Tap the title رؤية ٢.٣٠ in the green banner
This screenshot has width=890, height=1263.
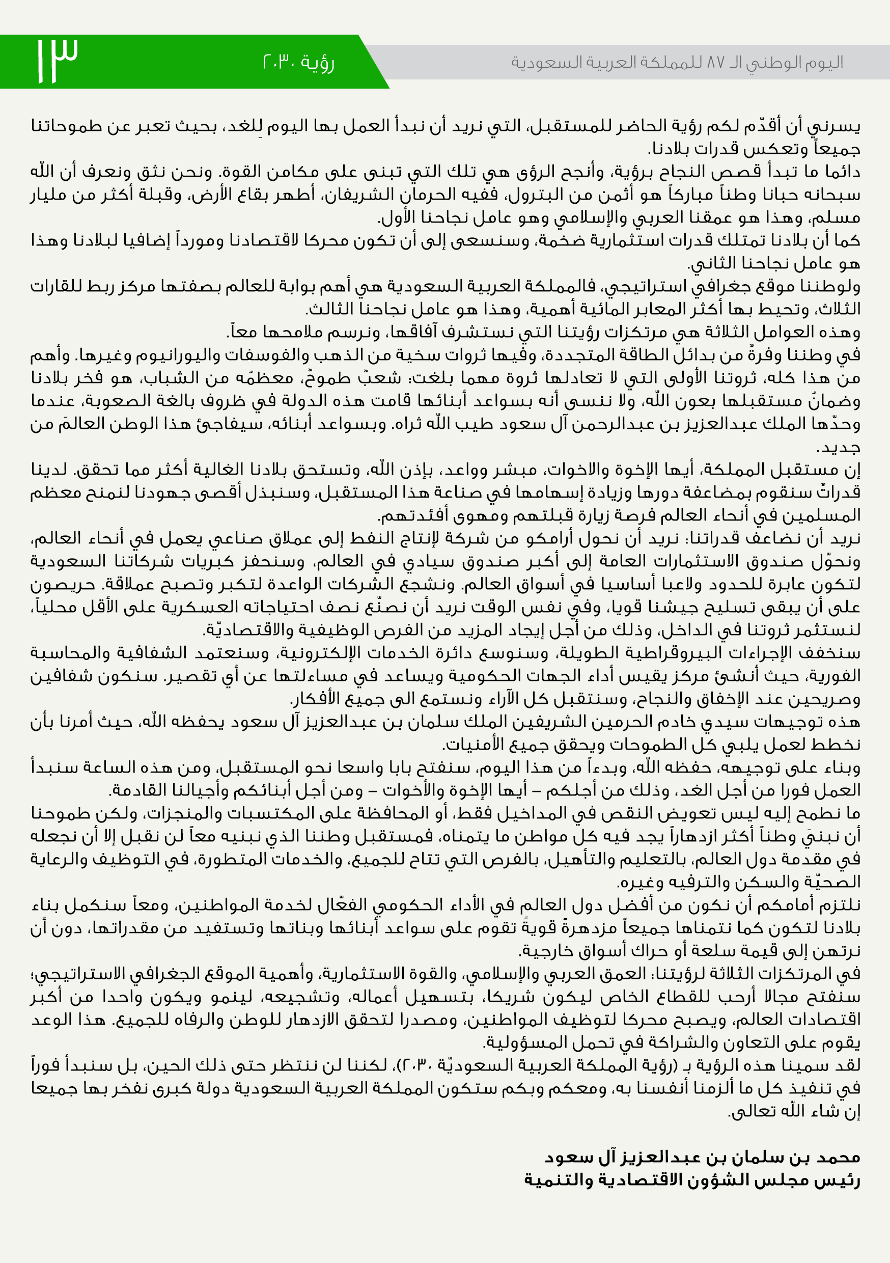point(298,63)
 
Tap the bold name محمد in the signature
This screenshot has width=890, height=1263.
point(839,1157)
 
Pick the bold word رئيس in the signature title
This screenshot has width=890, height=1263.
point(841,1180)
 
